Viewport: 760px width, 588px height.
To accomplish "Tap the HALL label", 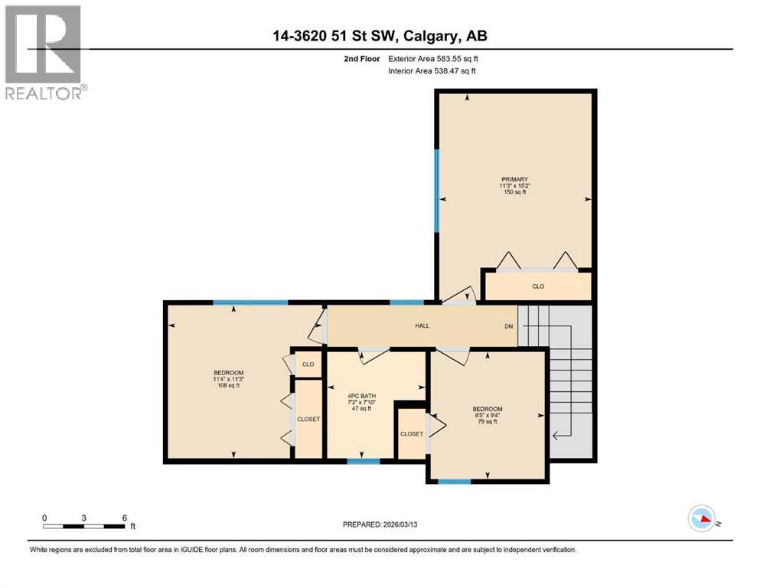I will [422, 325].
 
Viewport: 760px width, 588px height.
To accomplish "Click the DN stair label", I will [508, 326].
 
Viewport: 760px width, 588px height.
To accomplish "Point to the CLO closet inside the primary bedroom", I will [538, 286].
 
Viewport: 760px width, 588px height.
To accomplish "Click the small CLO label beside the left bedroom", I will [308, 364].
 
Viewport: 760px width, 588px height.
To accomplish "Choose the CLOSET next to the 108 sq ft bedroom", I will [308, 419].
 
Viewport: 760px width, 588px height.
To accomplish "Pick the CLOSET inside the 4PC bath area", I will [411, 433].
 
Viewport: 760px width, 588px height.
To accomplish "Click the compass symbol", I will [702, 519].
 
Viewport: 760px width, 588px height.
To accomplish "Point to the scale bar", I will [84, 526].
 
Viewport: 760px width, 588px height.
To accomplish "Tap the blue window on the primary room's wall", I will [437, 190].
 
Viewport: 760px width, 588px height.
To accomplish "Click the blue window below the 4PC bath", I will [364, 461].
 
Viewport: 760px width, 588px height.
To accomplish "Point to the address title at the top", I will [379, 35].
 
